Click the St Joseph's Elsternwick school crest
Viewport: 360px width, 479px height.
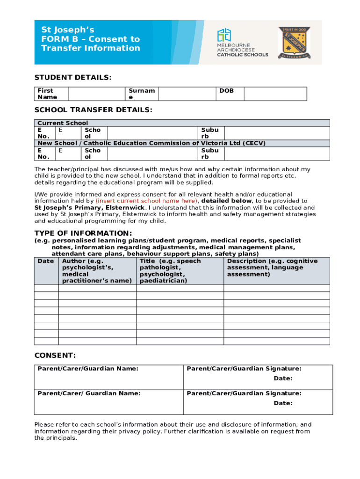pos(295,42)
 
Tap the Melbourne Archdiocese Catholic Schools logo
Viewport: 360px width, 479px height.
pos(242,43)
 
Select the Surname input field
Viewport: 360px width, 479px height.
pos(187,94)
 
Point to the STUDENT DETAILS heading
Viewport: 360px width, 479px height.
pos(73,77)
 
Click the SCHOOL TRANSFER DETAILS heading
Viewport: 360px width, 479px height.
pos(93,110)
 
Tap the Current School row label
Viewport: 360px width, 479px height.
pos(63,123)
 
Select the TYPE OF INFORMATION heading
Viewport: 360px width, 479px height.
pos(83,233)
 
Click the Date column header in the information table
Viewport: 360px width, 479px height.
pos(46,261)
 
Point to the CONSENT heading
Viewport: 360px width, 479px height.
pos(55,356)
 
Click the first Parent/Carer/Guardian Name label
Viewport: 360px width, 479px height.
pos(88,369)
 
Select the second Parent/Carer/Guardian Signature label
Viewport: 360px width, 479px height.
pos(244,393)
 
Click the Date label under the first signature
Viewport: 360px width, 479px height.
pos(283,378)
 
